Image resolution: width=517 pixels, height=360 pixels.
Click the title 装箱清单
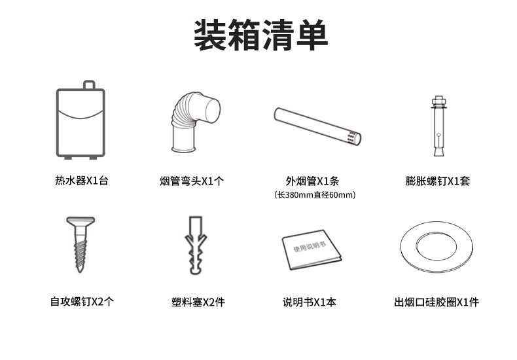(x=261, y=35)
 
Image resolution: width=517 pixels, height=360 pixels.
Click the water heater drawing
(x=80, y=120)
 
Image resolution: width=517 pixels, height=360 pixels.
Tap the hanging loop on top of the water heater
(x=89, y=84)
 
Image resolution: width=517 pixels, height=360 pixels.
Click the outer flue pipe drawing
(x=318, y=126)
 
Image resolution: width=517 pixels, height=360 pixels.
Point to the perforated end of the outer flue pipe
(x=354, y=138)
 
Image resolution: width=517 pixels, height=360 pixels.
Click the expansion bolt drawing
(x=439, y=126)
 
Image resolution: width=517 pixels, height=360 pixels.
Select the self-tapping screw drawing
(x=80, y=244)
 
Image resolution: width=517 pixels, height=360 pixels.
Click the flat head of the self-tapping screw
(x=80, y=221)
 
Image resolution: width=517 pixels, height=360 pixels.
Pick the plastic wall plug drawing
(x=196, y=245)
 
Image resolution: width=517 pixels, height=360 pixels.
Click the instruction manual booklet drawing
(x=312, y=249)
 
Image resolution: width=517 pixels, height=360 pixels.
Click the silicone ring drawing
(x=437, y=247)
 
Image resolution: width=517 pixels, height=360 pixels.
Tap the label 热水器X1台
(x=81, y=181)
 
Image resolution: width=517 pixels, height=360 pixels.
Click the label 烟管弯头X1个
(x=192, y=181)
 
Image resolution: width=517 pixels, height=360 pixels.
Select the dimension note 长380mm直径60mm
(x=315, y=195)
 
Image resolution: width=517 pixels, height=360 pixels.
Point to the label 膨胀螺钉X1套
(x=438, y=181)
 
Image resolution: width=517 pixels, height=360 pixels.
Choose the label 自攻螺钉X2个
(x=82, y=301)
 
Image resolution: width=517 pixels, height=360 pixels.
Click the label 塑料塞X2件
(x=198, y=302)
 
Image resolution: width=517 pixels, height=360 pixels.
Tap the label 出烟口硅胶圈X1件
(x=437, y=302)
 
